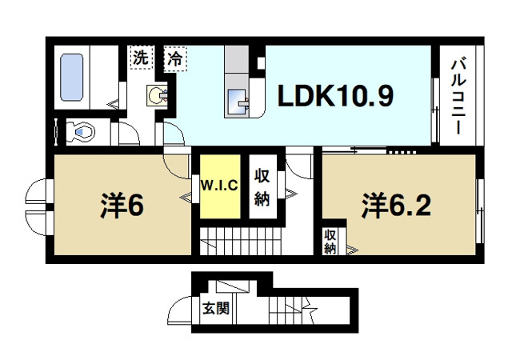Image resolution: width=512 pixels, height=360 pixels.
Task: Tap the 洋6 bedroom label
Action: click(122, 206)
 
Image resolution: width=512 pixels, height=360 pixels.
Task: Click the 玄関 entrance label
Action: click(214, 307)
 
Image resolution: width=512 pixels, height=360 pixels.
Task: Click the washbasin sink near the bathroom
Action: click(156, 96)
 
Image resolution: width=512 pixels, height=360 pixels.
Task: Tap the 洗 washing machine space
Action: click(140, 58)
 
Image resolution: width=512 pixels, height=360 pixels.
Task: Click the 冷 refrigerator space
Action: click(174, 58)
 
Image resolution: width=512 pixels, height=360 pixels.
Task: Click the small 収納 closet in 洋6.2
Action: click(330, 242)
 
